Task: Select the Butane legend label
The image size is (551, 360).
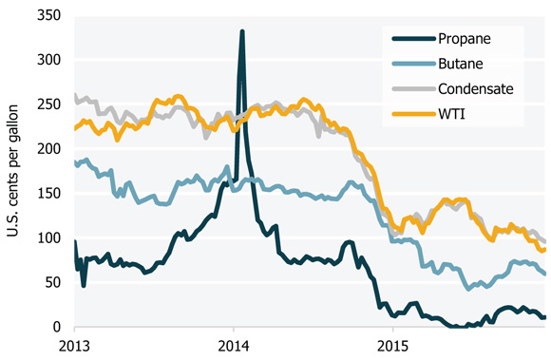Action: (464, 64)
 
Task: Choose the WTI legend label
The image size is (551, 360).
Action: (454, 115)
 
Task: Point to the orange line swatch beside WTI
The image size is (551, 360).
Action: (411, 115)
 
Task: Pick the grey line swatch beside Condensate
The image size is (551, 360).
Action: (411, 89)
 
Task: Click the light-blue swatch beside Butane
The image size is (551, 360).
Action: (411, 64)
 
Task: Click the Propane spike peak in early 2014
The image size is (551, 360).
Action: (242, 31)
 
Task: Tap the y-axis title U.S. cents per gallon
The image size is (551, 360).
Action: (16, 171)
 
